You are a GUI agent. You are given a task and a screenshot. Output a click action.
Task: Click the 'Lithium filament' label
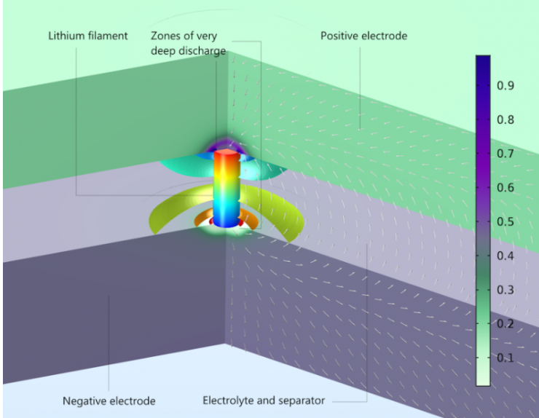pos(87,36)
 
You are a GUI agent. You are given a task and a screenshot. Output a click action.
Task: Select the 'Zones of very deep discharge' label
pos(189,43)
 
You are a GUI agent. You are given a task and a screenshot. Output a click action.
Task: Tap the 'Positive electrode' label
pos(363,36)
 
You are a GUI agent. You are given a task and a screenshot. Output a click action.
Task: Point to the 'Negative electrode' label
pos(109,401)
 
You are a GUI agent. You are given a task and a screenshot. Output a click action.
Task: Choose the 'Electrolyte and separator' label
pos(264,401)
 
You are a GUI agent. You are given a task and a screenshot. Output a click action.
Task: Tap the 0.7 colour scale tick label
pos(506,154)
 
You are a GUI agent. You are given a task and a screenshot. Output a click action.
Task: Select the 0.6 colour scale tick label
pos(506,188)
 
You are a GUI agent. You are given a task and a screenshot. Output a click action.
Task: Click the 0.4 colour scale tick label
pos(506,256)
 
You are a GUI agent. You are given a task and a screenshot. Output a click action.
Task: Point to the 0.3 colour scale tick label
pos(506,290)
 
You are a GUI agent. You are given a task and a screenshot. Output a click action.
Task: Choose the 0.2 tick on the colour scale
pos(506,324)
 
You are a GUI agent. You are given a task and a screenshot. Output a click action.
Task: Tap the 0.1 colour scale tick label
pos(506,358)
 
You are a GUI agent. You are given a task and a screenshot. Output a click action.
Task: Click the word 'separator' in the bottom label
pos(301,401)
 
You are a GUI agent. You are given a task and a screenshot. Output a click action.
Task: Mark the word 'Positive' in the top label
pos(340,36)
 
